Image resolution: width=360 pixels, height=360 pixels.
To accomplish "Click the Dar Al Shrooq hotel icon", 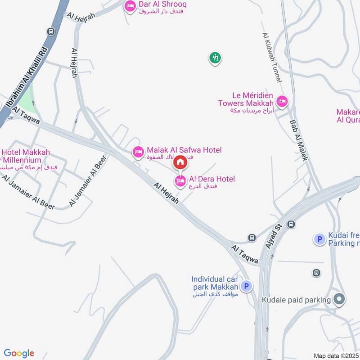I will click(130, 6).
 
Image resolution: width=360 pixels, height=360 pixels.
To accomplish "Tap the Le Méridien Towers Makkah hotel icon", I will click(282, 101).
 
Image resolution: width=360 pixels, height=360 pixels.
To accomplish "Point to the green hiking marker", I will click(215, 58).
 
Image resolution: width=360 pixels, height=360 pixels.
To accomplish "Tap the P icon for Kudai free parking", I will click(319, 239).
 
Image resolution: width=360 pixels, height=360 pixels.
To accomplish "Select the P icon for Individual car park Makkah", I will click(246, 285).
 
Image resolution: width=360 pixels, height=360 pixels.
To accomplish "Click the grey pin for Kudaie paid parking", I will click(340, 299).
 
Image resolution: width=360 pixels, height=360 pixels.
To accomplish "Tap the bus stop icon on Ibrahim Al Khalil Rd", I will click(51, 32).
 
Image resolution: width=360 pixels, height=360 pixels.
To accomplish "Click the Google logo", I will click(19, 353).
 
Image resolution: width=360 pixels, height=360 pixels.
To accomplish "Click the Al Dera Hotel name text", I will click(211, 179).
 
